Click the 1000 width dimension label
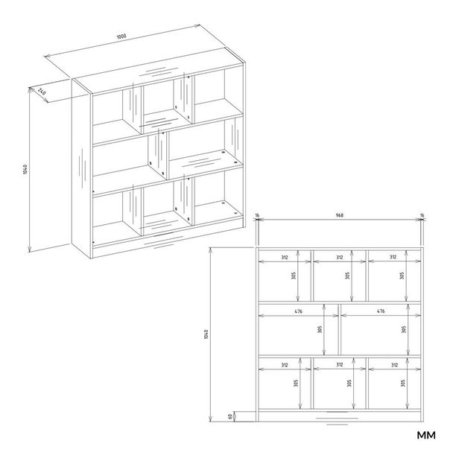point(121,36)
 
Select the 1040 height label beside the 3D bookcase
point(25,169)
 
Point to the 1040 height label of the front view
point(206,334)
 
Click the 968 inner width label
point(340,215)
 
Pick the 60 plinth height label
point(229,416)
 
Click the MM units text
point(426,435)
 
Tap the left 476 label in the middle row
point(298,311)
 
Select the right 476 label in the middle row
point(381,311)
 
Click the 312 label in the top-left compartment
point(284,258)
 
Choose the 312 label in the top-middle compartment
point(340,258)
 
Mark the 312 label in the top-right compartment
point(393,257)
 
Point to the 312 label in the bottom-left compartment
point(284,365)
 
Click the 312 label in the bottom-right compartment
point(394,365)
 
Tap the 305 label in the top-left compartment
point(294,276)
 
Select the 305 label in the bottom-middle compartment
point(349,383)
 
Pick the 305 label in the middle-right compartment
point(404,329)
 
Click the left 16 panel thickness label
point(257,215)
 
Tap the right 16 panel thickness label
point(422,215)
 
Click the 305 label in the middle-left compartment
point(320,329)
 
